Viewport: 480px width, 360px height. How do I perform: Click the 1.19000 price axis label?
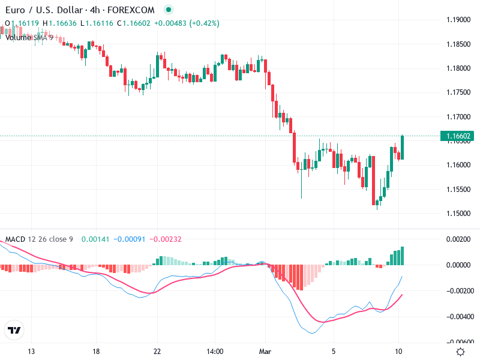[458, 20]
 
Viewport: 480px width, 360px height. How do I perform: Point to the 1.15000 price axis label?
[458, 214]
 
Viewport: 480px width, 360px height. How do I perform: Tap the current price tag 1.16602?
[459, 136]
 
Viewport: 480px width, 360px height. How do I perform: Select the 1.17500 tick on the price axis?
[458, 92]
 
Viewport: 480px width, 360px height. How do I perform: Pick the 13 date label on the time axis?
[32, 351]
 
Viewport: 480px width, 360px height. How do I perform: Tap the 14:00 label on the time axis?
[215, 351]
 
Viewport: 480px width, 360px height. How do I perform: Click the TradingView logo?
[14, 330]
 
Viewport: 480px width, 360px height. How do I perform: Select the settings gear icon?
[460, 352]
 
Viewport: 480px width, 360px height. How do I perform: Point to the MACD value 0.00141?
[94, 239]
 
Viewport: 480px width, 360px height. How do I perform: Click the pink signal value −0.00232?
[166, 239]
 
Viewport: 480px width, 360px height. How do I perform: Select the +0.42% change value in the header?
[205, 23]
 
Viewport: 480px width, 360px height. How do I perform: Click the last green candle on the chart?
[402, 147]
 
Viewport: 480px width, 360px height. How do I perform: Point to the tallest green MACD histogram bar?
[402, 256]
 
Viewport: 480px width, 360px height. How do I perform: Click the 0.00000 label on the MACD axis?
[458, 265]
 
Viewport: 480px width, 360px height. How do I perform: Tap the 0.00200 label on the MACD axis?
[458, 239]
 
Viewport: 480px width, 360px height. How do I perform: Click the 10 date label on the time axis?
[398, 351]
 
